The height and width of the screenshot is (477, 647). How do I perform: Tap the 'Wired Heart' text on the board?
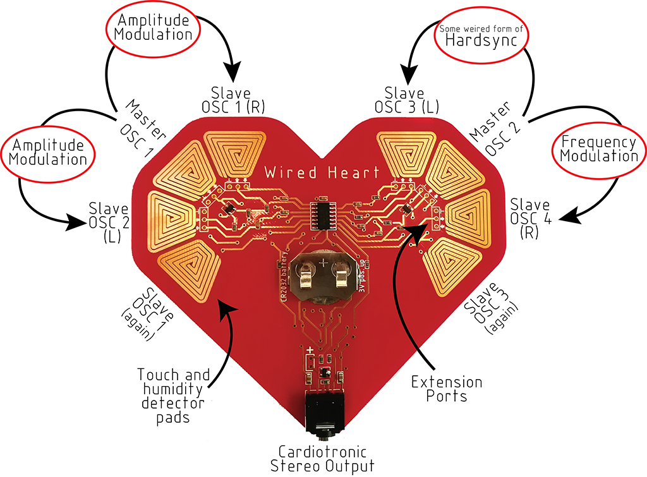point(322,172)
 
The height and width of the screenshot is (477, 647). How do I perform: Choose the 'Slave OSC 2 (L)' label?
point(109,219)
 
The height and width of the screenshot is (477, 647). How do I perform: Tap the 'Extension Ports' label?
point(447,389)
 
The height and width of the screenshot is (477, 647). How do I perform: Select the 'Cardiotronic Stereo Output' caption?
point(322,459)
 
